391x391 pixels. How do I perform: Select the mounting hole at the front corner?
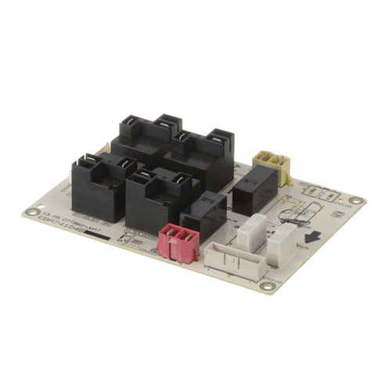pyautogui.click(x=268, y=286)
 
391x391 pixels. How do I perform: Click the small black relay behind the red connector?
pyautogui.click(x=205, y=213)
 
